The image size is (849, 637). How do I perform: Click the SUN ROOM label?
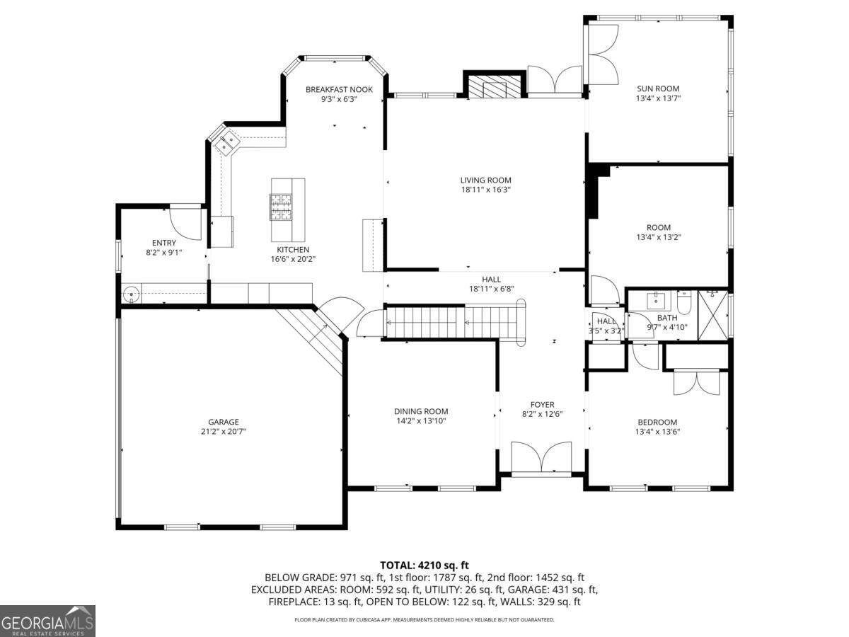658,88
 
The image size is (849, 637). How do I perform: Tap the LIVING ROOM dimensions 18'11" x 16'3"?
485,190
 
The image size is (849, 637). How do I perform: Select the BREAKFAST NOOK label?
339,89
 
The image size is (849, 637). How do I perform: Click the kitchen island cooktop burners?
280,207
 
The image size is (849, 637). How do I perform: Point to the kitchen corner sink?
226,142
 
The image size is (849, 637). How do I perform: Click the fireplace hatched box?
494,86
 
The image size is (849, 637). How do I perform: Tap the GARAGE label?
223,422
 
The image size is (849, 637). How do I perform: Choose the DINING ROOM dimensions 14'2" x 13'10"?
421,421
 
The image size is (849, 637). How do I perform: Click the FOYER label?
542,405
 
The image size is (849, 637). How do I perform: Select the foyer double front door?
541,457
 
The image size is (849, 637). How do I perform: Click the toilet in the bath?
684,303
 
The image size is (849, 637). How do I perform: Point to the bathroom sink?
657,302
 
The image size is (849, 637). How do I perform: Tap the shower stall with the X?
712,315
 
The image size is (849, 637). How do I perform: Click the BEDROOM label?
657,423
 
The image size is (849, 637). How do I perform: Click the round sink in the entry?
131,294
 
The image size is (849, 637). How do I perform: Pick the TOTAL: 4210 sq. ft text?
424,565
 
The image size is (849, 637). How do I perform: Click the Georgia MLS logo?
47,621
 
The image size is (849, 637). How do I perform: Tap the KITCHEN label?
293,250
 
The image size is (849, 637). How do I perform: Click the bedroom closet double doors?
696,382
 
